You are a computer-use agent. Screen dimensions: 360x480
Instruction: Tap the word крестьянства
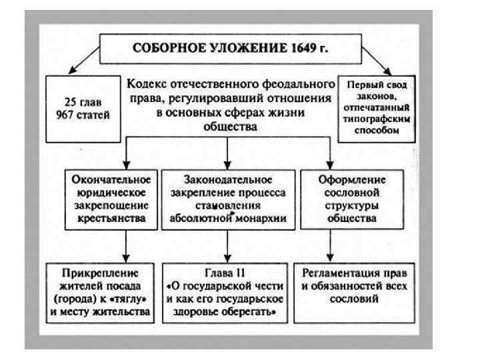pos(109,217)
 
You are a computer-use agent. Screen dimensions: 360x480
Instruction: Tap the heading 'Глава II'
pos(227,272)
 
